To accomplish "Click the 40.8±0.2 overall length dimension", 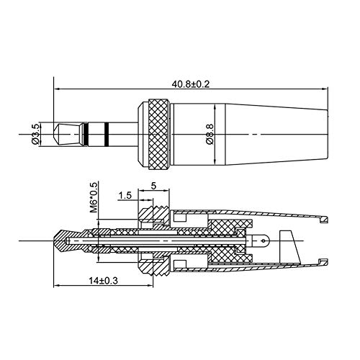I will [190, 83].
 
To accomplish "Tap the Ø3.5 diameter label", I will [36, 133].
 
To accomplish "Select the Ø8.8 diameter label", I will [209, 134].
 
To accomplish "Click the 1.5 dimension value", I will [125, 195].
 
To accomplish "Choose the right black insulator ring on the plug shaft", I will [106, 133].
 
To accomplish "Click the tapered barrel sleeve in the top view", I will [252, 133].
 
